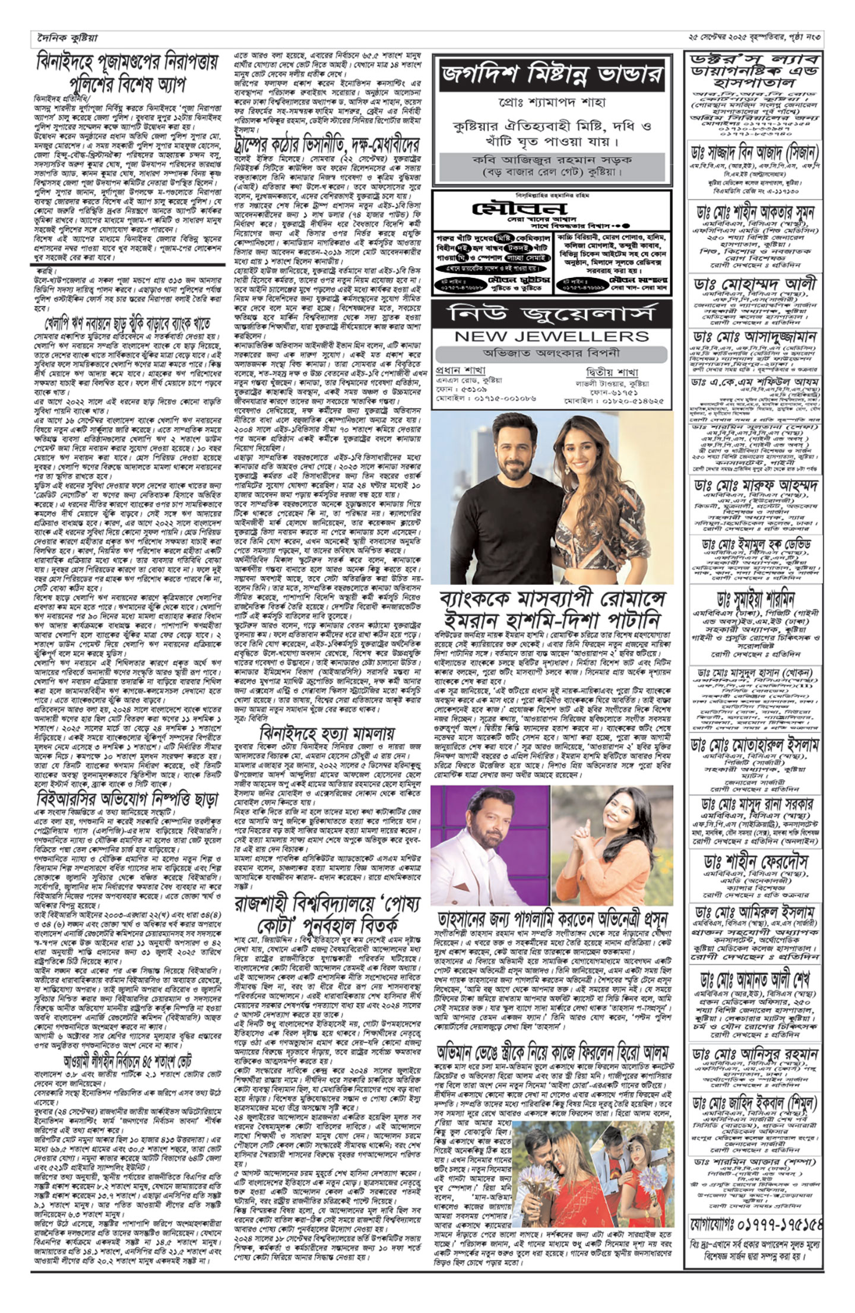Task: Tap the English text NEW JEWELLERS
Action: (552, 336)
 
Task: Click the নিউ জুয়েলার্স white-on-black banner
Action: (552, 312)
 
